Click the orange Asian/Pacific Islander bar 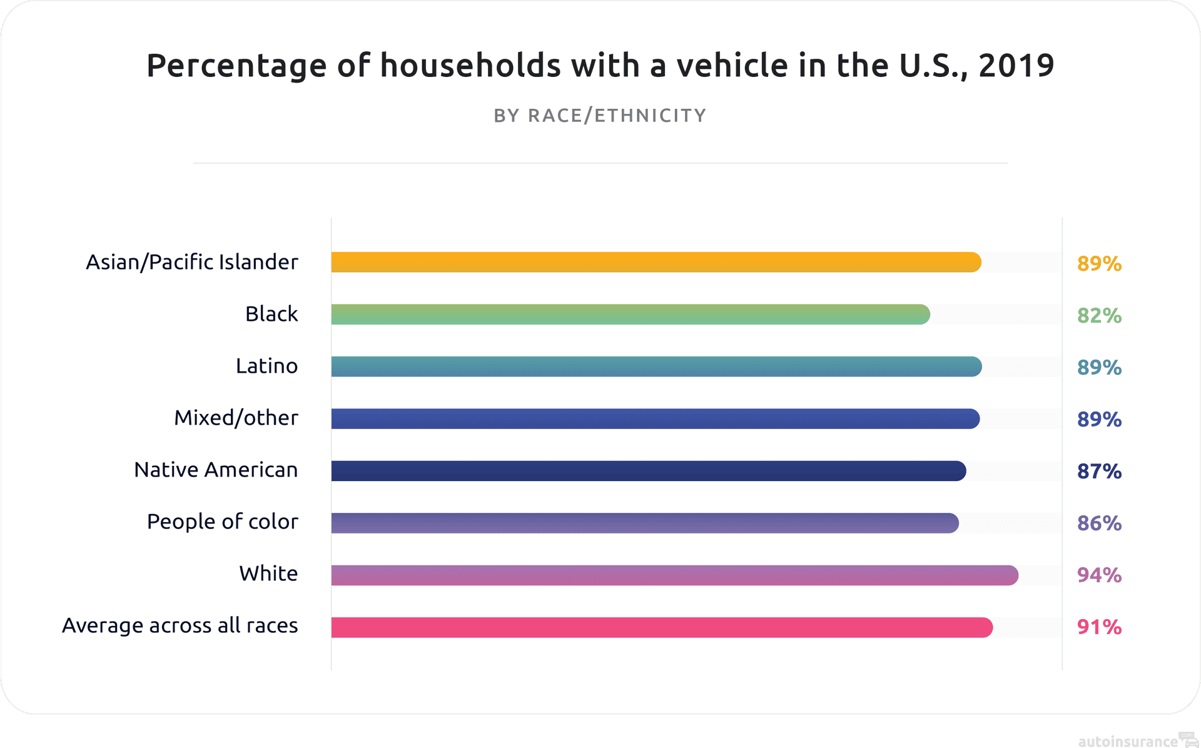pos(656,262)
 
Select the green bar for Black pos(630,314)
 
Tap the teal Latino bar pos(656,366)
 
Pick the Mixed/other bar pos(655,418)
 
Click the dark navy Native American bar pos(648,471)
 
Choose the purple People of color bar pos(644,523)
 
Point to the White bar pos(674,575)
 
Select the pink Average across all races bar pos(661,627)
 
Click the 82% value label pos(1099,316)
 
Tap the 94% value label pos(1099,575)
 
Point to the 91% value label pos(1099,627)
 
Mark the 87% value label pos(1099,472)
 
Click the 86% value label pos(1099,523)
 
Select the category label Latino pos(266,366)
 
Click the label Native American pos(216,470)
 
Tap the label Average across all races pos(180,625)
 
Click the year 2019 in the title pos(1016,66)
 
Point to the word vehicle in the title pos(732,66)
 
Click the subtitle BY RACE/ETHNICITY pos(600,116)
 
